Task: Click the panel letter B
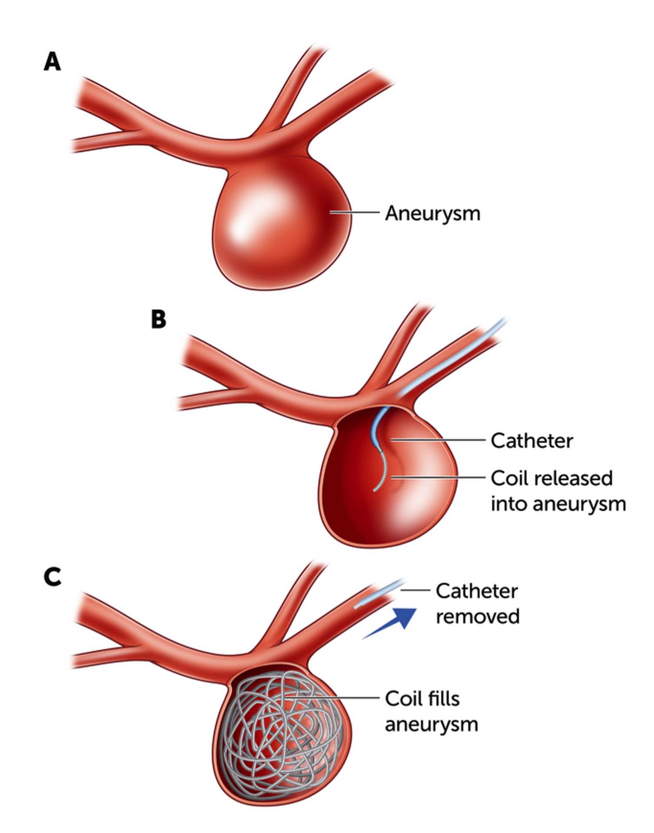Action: pos(158,319)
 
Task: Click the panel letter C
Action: pos(53,577)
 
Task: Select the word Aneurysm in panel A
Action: pos(433,213)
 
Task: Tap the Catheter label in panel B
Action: pos(532,441)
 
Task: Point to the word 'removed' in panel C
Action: pos(477,617)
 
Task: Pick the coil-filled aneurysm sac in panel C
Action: pos(282,733)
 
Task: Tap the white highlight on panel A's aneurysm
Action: pos(243,221)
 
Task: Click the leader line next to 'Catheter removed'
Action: pos(415,590)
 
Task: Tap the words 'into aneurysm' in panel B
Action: pos(558,504)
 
